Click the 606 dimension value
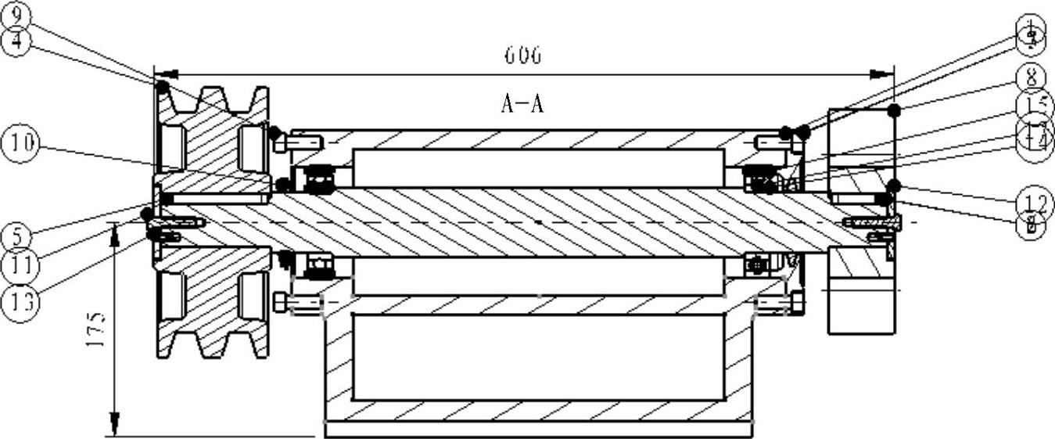522,56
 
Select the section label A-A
522,104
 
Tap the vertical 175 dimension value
95,332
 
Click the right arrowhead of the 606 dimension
883,75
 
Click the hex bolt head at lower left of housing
282,301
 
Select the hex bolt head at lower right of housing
797,301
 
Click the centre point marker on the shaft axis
539,222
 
